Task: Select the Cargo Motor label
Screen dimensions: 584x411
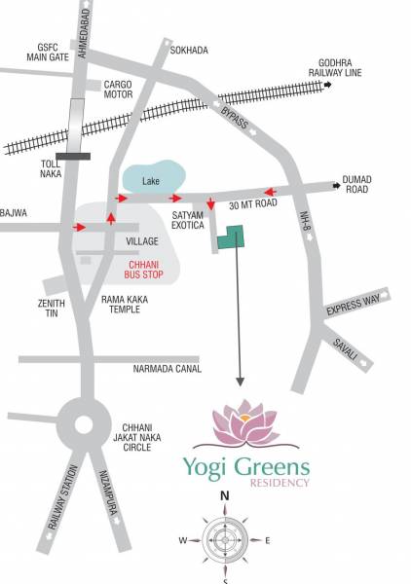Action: pos(118,90)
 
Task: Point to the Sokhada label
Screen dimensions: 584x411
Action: pos(189,50)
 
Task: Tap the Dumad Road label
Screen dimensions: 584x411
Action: pos(355,185)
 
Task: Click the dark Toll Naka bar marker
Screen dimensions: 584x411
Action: pos(73,155)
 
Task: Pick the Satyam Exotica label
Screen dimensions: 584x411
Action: pos(187,218)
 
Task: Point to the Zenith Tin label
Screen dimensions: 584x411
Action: pos(51,308)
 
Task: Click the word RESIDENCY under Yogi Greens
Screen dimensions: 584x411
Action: pos(280,482)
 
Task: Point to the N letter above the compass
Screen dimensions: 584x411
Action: pos(224,496)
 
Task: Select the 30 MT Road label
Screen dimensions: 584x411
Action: pos(253,206)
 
